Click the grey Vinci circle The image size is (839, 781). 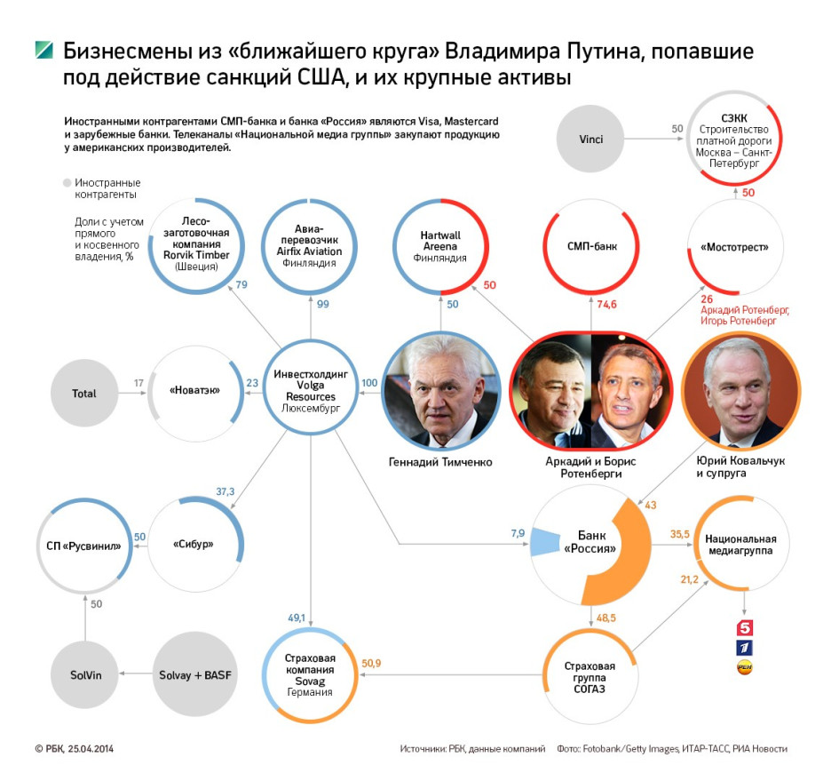590,139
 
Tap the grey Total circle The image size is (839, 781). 84,394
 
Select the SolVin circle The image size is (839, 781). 84,675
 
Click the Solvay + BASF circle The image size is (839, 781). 194,674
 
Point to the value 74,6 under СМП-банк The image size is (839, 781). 606,304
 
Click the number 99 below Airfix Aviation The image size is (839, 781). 322,304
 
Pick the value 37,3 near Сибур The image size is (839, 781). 225,491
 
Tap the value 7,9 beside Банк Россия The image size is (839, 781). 518,533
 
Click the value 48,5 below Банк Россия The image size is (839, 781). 606,618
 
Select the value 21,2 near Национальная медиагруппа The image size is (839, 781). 689,579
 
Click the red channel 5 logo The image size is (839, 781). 744,627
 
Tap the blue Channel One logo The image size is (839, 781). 744,648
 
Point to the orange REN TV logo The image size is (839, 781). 744,667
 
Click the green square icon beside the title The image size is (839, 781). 44,50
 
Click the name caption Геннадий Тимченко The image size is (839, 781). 439,462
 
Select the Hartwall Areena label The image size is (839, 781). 439,241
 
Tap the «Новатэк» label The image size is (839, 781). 194,390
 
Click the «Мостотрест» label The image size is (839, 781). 734,247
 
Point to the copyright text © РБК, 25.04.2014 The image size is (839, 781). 75,748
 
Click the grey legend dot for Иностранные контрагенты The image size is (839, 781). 67,183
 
